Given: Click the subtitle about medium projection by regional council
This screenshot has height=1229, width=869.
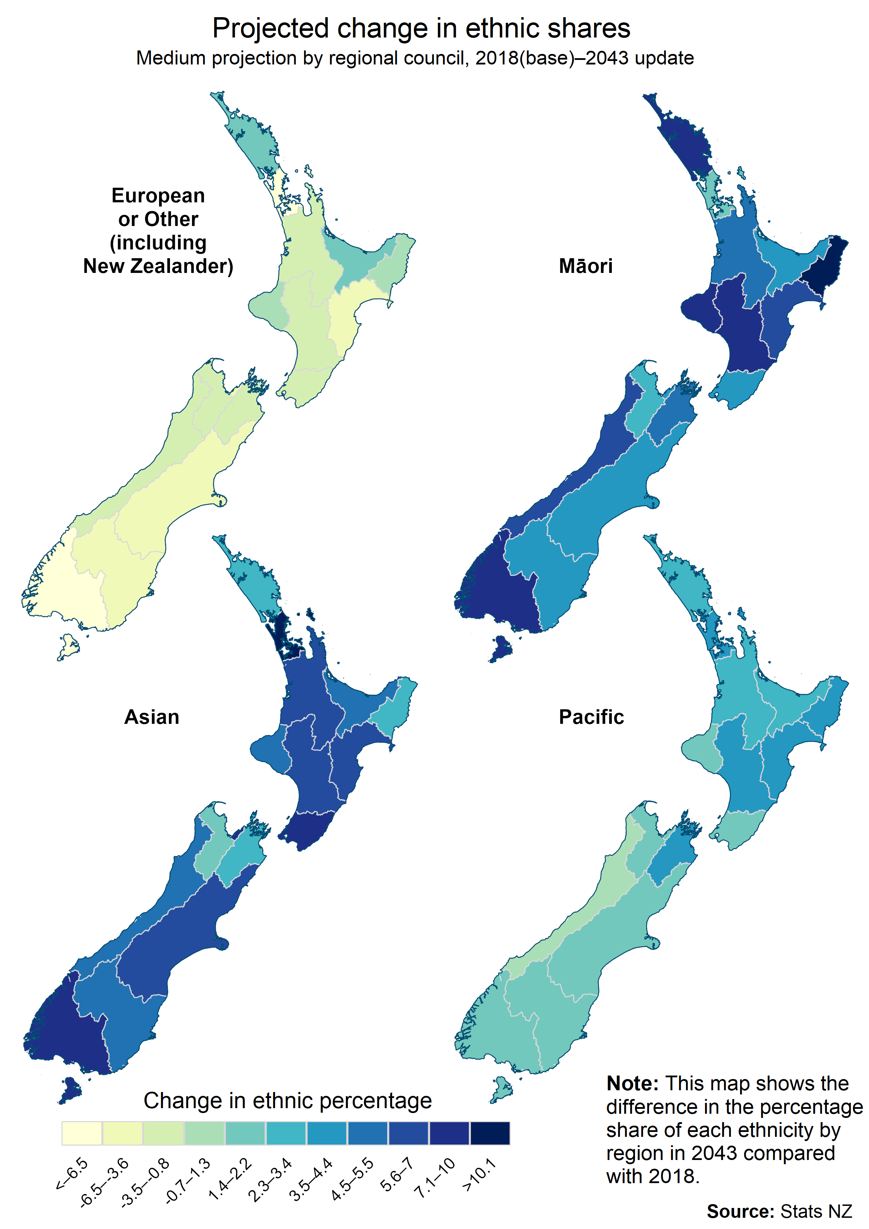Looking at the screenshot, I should point(415,58).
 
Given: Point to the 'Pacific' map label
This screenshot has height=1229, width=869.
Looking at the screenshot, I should point(591,717).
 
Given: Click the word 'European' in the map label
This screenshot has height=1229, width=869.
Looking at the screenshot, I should point(158,195).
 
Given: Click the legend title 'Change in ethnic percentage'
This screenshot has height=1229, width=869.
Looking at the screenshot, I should point(288,1100).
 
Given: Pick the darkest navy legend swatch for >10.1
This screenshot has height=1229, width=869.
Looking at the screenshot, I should point(490,1133).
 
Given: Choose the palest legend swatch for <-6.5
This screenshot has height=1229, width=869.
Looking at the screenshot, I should point(81,1133).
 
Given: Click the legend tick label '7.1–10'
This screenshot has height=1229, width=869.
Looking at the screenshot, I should point(435,1177).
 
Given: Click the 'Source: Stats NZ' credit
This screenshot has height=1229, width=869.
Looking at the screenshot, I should point(779,1211).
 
